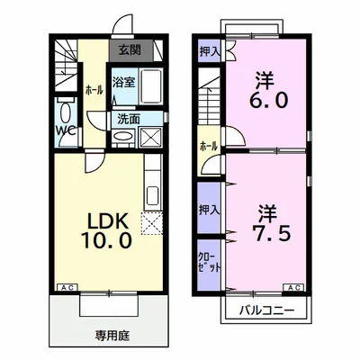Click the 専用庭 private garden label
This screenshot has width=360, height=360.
click(x=111, y=335)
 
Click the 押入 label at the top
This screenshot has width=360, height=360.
click(x=208, y=51)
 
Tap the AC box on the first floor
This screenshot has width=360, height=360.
click(x=66, y=287)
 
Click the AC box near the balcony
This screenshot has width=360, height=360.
click(x=294, y=287)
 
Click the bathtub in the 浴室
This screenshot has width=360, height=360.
click(x=148, y=87)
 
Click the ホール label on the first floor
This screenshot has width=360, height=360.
click(x=93, y=91)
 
